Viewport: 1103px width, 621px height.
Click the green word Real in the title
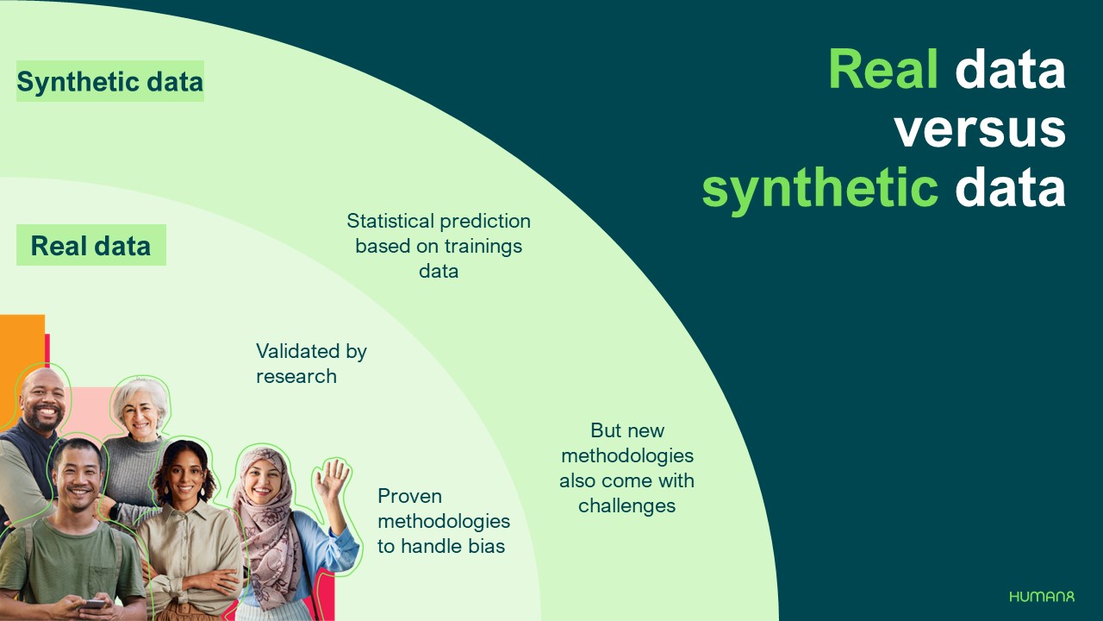click(882, 69)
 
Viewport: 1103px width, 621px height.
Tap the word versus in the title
click(980, 129)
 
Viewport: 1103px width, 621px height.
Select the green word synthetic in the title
click(819, 188)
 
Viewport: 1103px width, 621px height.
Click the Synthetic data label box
click(110, 82)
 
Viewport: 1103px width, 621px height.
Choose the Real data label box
click(90, 246)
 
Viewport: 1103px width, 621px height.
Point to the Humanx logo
click(1042, 596)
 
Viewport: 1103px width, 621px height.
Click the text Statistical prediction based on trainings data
click(439, 246)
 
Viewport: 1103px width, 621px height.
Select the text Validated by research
click(311, 363)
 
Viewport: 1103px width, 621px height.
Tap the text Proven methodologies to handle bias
click(443, 521)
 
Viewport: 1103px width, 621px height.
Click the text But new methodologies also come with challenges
click(626, 467)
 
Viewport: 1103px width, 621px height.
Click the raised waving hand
click(332, 481)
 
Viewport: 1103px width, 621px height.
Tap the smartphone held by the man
click(92, 605)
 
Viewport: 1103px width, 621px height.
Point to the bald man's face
click(42, 402)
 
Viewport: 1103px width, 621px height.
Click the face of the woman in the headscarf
click(261, 484)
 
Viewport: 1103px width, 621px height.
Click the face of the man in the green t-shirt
click(78, 475)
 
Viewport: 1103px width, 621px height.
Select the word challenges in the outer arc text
click(626, 505)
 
